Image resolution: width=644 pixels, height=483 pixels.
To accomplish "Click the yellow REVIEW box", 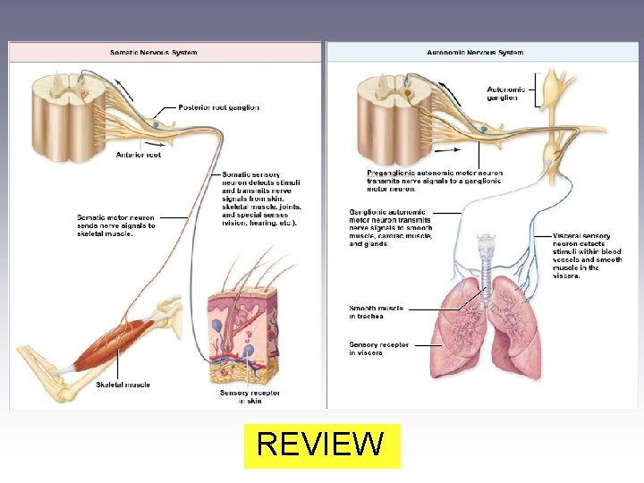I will tap(321, 445).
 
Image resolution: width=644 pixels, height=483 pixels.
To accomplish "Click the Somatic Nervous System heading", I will tap(153, 52).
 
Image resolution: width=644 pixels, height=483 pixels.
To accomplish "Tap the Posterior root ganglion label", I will tap(218, 107).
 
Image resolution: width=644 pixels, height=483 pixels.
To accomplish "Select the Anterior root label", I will tap(139, 155).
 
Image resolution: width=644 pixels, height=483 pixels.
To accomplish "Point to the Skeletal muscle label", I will tap(123, 385).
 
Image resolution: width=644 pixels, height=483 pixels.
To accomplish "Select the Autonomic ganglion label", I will tap(504, 93).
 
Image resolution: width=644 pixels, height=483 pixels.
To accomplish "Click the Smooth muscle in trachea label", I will tap(376, 312).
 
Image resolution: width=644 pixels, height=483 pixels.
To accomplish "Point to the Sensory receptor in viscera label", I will tap(377, 348).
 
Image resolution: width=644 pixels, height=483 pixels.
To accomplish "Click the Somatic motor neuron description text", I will tap(116, 225).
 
